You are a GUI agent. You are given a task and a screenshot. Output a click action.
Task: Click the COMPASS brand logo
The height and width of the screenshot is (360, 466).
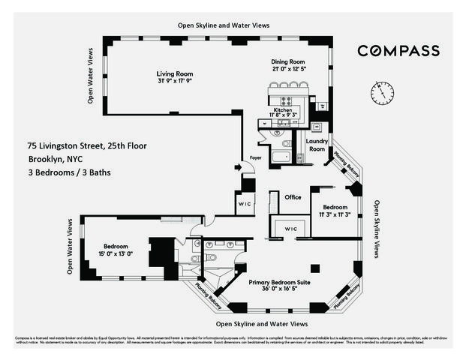point(398,51)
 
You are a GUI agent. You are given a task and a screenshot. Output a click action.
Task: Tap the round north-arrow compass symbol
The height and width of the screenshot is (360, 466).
point(381,93)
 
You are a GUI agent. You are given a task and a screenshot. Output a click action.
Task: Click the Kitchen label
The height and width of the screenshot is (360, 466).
point(283,109)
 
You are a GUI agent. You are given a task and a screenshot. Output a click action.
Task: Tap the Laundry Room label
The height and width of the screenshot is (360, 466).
point(316,144)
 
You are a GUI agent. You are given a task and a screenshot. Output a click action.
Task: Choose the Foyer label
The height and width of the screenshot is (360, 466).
point(256,157)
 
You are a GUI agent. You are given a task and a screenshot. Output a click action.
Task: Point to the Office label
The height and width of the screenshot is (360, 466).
point(293,197)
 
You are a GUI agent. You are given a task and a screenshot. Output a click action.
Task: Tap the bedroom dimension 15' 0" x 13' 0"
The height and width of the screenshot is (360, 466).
point(115,253)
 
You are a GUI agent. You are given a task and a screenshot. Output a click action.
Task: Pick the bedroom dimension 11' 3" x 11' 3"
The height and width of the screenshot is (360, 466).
point(335,214)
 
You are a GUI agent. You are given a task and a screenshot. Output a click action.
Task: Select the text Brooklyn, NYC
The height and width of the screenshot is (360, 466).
point(56,159)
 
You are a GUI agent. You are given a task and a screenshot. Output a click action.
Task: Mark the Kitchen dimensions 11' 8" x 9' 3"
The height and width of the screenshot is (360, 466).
point(283,115)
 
